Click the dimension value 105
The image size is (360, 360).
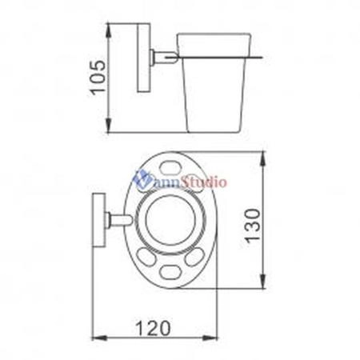point(98,78)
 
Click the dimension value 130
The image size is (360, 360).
point(252,226)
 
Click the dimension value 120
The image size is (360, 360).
point(153,328)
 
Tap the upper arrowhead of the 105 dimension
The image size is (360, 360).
point(109,30)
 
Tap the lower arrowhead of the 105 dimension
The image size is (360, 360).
point(109,126)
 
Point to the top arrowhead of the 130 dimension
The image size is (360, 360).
point(263,158)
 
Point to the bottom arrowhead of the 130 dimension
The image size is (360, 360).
point(263,282)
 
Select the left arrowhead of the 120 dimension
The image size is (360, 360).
point(99,338)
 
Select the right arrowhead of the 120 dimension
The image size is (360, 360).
point(210,338)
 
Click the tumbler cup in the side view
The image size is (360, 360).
point(214,82)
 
